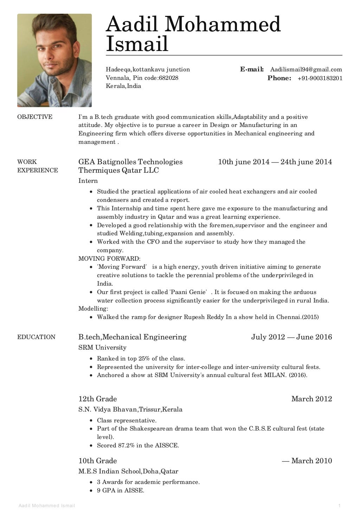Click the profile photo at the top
[54, 60]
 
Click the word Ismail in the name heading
[137, 44]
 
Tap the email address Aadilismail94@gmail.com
[306, 69]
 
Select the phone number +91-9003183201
[320, 78]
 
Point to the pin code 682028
[168, 78]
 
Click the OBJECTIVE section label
[35, 117]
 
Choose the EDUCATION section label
[36, 337]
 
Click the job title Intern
[88, 181]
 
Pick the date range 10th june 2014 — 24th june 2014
[275, 162]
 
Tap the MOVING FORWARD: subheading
[109, 259]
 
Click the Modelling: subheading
[93, 308]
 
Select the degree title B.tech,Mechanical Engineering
[132, 337]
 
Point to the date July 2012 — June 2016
[291, 337]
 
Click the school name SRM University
[102, 348]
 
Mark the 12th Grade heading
[97, 399]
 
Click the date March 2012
[311, 399]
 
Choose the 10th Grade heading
[97, 461]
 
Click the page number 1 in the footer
[340, 506]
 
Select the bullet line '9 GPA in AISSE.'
[121, 490]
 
